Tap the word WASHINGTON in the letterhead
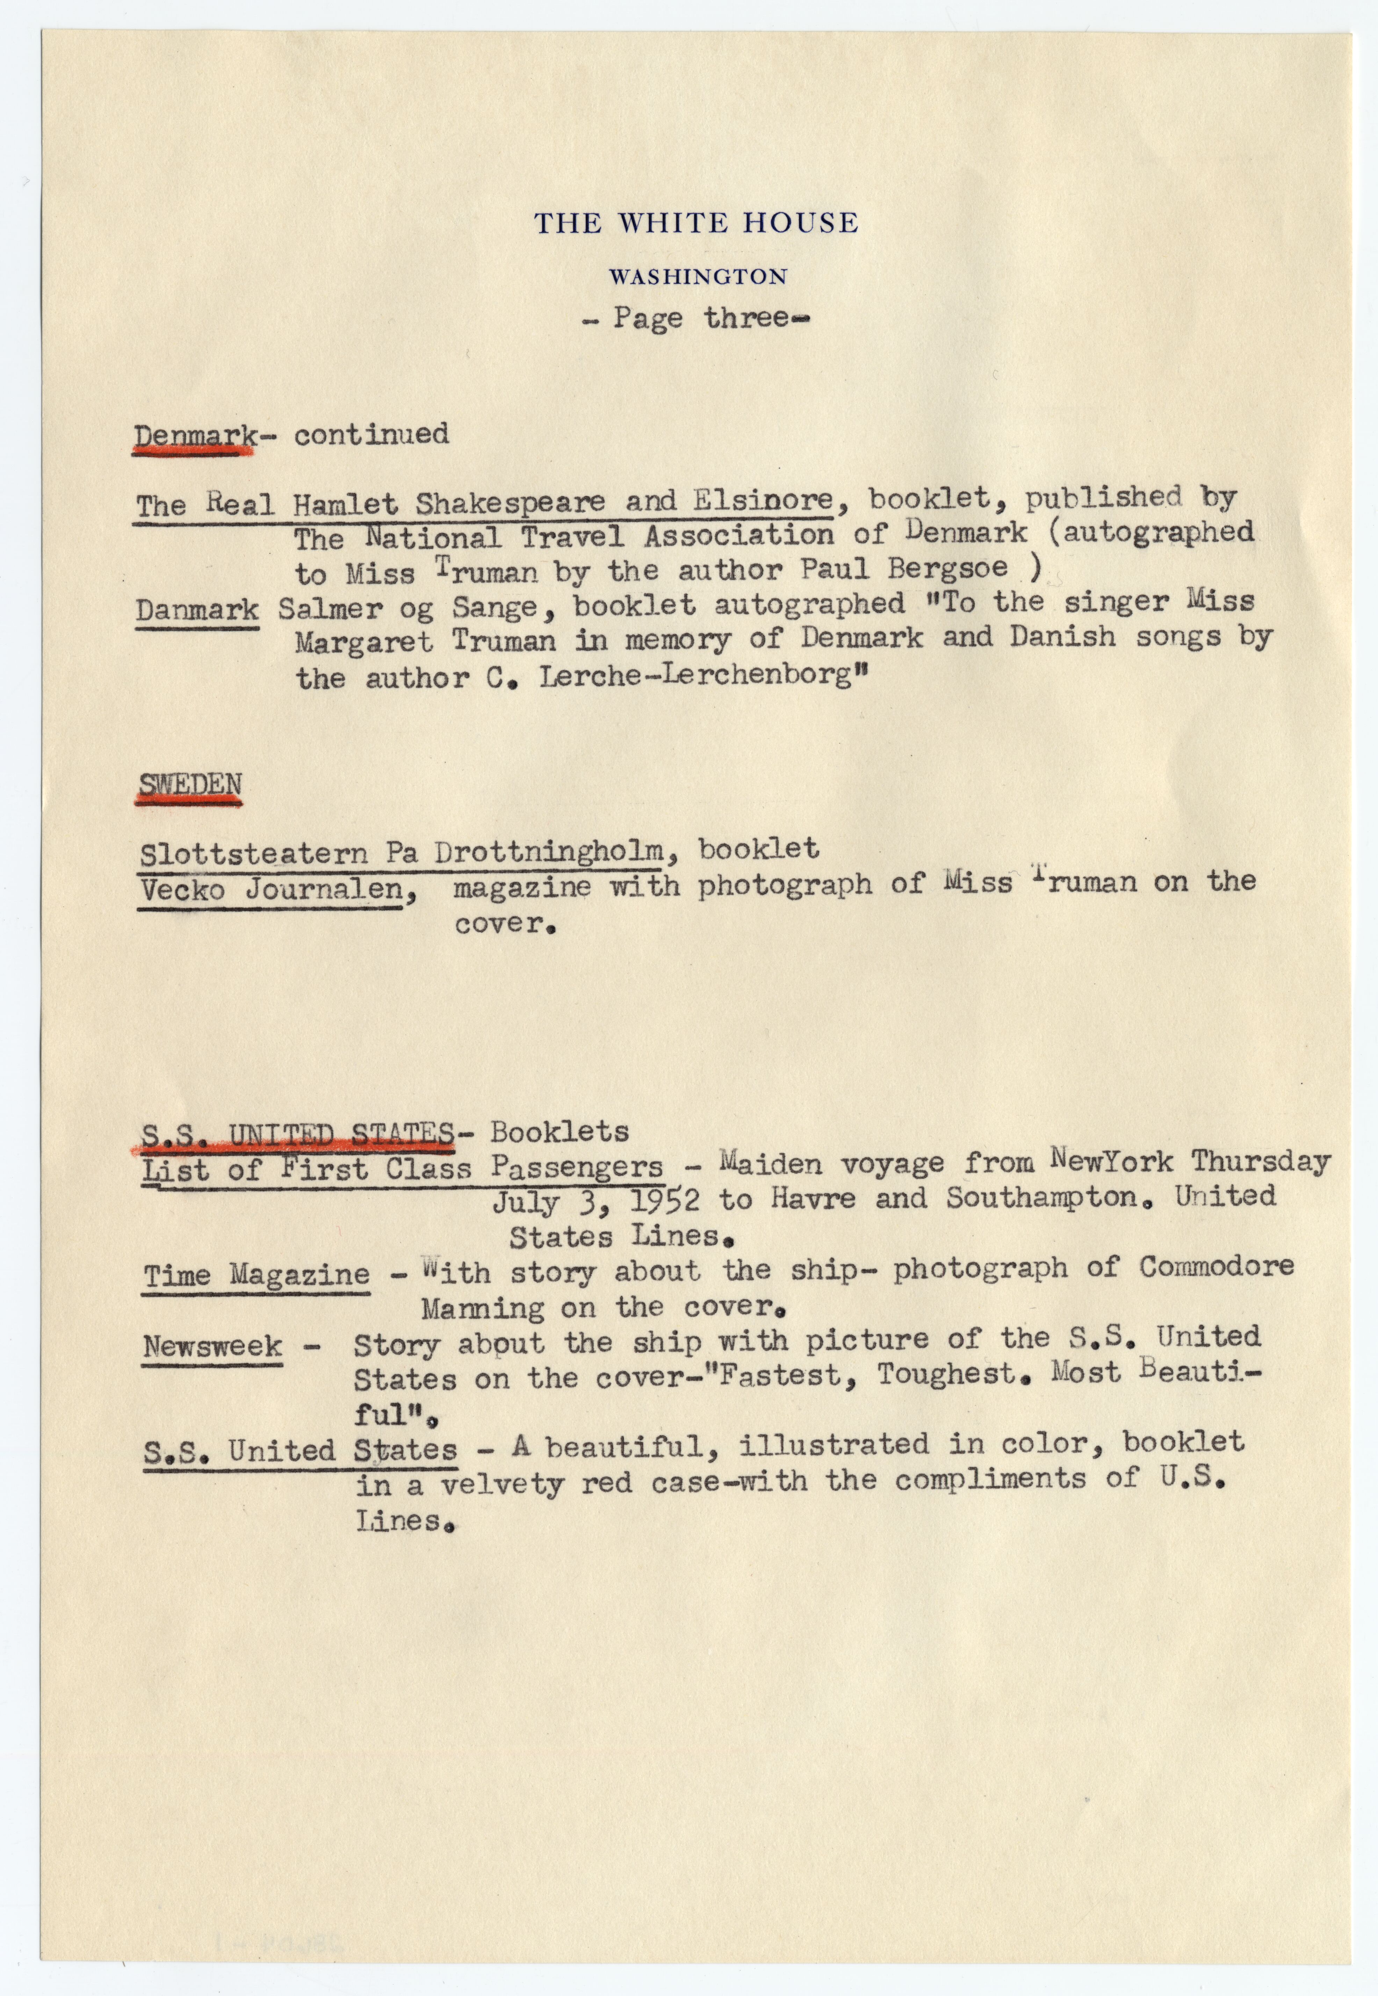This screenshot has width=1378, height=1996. point(698,277)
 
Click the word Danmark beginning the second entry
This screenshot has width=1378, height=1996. point(197,610)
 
